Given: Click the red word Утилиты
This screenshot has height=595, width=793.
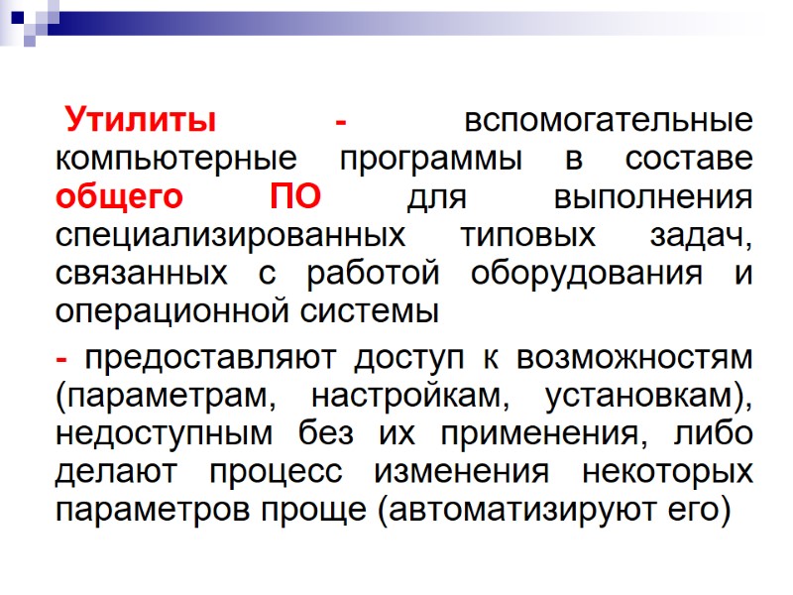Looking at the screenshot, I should pos(141,123).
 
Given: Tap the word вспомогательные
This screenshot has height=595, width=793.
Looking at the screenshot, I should pos(608,123).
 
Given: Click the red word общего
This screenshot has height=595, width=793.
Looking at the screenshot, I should pos(119,198).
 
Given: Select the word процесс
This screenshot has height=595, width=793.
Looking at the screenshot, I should pos(299,472).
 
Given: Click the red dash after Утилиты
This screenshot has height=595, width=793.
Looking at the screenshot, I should pos(341,123).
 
